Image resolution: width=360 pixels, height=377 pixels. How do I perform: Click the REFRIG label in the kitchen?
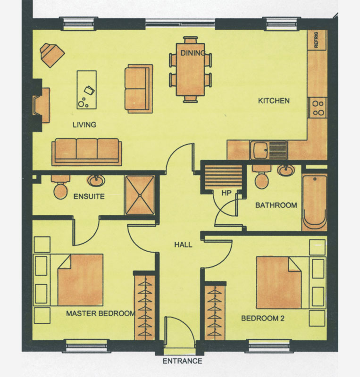point(316,40)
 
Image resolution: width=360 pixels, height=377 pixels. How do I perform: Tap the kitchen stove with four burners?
point(318,108)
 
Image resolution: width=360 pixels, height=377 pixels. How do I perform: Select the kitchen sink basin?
point(260,151)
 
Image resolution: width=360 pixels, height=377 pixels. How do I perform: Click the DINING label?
point(193,53)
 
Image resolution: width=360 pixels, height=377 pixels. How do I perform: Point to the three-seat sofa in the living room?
point(87,152)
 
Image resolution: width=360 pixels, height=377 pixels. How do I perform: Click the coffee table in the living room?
point(87,90)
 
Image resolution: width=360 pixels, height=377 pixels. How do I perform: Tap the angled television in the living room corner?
point(51,55)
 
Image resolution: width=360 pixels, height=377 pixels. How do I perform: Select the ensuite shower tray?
point(140,195)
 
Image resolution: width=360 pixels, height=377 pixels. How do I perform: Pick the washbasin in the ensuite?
point(96,180)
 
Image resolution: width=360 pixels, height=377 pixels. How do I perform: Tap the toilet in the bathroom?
point(261,178)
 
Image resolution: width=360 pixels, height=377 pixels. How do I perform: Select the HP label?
point(226,193)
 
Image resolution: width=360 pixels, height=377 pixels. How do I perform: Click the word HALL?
point(183,245)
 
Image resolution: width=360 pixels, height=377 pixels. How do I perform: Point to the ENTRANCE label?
point(182,361)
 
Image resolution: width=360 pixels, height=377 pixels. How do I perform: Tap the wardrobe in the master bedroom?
point(144,307)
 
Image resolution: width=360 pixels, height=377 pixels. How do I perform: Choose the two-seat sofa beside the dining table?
point(139,89)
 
